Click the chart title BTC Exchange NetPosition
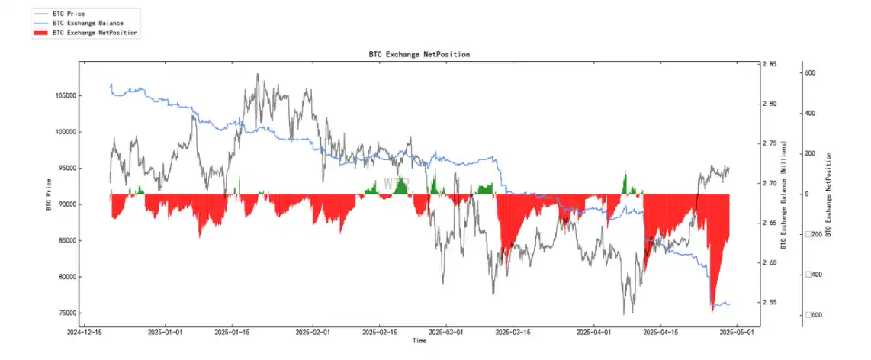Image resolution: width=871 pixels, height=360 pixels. [419, 55]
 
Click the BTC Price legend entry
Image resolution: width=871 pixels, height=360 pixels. [69, 14]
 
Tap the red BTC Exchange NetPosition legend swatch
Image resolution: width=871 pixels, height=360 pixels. [41, 33]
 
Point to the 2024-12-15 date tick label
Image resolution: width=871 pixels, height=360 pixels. [85, 333]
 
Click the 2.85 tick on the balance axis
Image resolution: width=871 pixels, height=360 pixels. [769, 65]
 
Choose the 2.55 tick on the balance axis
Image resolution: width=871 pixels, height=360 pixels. [769, 303]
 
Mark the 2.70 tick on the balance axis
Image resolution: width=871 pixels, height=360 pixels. [769, 184]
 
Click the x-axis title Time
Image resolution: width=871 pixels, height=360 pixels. [419, 341]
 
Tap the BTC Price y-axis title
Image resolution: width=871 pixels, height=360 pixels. [50, 194]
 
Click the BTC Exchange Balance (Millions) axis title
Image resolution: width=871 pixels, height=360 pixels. [783, 194]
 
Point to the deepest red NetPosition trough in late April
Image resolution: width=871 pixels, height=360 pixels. [712, 308]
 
